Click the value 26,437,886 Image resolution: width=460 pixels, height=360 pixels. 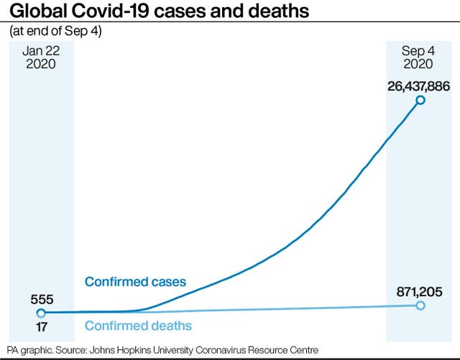click(409, 86)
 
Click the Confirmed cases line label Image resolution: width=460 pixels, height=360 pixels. click(135, 281)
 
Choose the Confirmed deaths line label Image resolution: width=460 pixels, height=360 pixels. click(138, 326)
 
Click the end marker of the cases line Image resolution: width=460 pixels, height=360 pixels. click(420, 100)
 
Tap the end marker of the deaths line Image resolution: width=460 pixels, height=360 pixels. click(420, 305)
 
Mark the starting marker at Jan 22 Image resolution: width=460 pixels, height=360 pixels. click(41, 313)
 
